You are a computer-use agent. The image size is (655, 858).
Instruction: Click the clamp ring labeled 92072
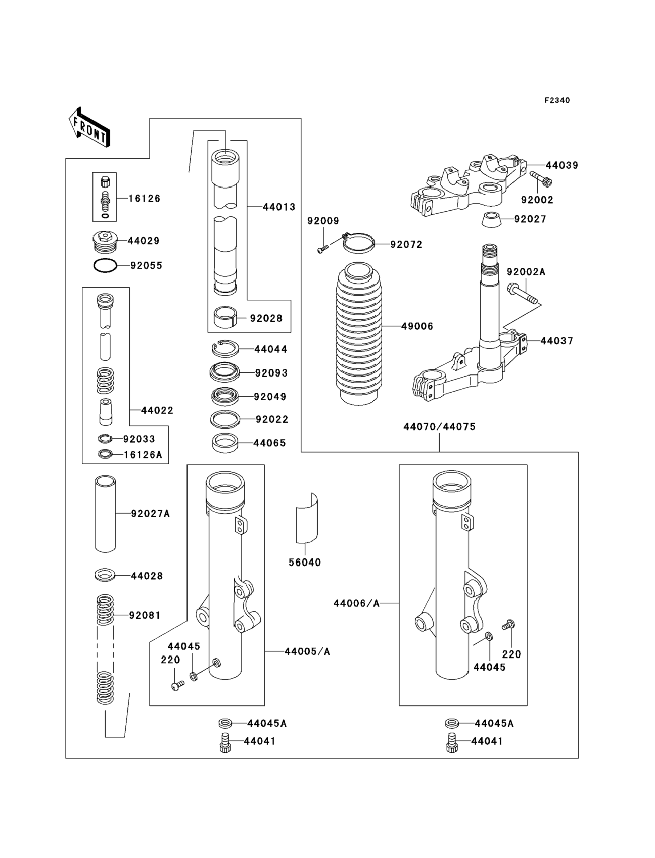pyautogui.click(x=359, y=244)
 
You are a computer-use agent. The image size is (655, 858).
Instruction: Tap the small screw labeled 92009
pyautogui.click(x=323, y=248)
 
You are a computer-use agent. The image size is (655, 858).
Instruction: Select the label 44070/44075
pyautogui.click(x=439, y=427)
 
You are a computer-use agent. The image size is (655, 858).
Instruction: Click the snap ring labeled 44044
pyautogui.click(x=225, y=348)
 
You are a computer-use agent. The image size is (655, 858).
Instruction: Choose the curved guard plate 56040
pyautogui.click(x=307, y=518)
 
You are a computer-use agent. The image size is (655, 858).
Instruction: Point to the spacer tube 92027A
pyautogui.click(x=105, y=513)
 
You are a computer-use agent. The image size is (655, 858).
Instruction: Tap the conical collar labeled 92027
pyautogui.click(x=491, y=219)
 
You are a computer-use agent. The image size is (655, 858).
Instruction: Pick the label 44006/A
pyautogui.click(x=356, y=603)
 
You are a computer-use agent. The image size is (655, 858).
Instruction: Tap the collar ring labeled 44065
pyautogui.click(x=225, y=443)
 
